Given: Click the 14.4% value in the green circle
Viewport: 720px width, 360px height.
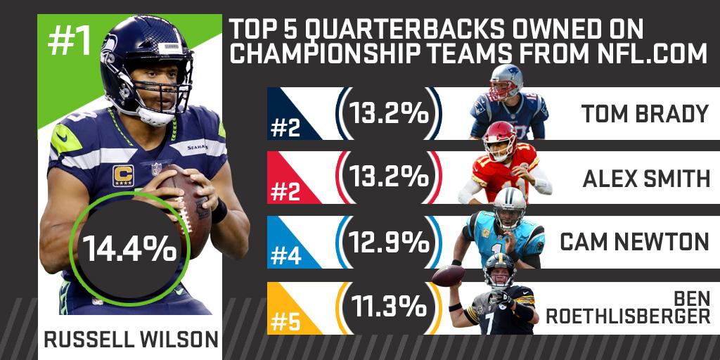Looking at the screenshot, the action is [129, 250].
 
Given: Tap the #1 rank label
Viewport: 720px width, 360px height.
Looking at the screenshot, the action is [70, 42].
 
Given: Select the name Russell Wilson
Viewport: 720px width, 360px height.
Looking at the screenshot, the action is [131, 340].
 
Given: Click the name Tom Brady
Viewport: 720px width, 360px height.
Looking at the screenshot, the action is [645, 113].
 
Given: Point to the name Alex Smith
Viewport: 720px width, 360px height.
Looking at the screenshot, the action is [646, 178].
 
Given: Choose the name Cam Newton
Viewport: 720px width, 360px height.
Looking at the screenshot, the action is [635, 242].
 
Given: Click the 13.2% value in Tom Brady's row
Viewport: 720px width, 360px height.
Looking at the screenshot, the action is [388, 113].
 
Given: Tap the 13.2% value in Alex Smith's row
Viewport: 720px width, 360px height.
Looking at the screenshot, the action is [388, 177].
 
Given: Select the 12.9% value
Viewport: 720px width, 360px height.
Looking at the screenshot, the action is [388, 242].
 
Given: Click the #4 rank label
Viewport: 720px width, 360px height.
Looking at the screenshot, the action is [285, 257].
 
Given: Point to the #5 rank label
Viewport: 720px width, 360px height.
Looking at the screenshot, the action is [285, 322].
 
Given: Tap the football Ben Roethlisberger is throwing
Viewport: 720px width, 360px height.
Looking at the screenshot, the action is [448, 276].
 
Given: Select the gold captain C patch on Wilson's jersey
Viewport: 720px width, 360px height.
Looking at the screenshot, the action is [122, 175].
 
